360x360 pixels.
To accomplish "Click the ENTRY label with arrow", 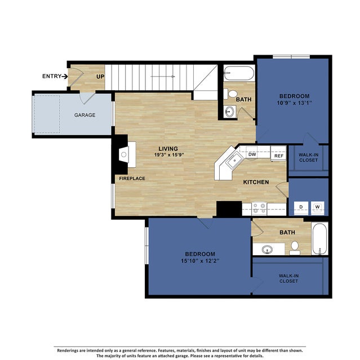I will pyautogui.click(x=55, y=76).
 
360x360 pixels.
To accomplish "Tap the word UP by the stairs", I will pyautogui.click(x=100, y=77).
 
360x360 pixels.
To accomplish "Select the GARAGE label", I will pyautogui.click(x=85, y=115).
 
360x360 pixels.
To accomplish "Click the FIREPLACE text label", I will pyautogui.click(x=132, y=179).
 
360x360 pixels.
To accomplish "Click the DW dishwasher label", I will pyautogui.click(x=252, y=154).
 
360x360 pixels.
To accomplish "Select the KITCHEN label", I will pyautogui.click(x=256, y=182).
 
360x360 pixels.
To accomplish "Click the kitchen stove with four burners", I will pyautogui.click(x=259, y=208).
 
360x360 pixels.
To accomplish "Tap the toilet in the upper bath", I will pyautogui.click(x=233, y=93).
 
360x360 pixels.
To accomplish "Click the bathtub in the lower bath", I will pyautogui.click(x=319, y=239).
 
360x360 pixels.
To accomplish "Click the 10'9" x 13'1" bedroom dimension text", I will pyautogui.click(x=292, y=103).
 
